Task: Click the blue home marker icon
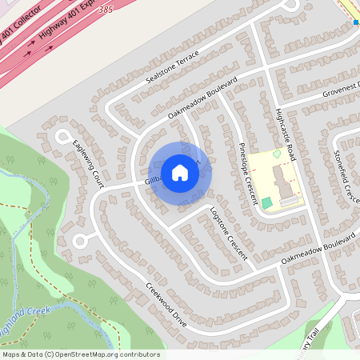point(181,172)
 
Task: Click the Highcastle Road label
point(286,135)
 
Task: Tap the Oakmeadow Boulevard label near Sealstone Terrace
point(204,99)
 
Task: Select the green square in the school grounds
point(266,203)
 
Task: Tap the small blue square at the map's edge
point(356,23)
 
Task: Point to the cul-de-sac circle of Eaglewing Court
point(63,136)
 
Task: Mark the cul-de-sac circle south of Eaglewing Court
point(79,241)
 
